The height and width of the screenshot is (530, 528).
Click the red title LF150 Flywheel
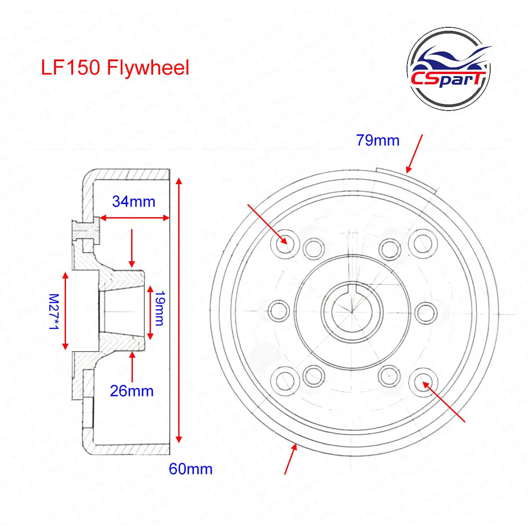tap(115, 68)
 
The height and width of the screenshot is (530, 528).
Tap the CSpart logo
tap(449, 69)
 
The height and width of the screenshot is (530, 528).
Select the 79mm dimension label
tap(378, 141)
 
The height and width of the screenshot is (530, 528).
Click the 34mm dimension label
tap(134, 201)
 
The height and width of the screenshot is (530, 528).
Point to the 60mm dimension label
tap(191, 469)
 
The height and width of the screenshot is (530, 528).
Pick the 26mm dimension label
tap(132, 391)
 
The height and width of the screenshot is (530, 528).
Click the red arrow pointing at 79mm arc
tap(414, 153)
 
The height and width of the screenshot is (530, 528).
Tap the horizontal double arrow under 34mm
tap(134, 218)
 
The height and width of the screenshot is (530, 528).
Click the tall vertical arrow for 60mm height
tap(179, 310)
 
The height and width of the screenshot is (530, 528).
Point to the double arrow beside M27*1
tap(66, 311)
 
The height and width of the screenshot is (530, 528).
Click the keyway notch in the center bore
tap(352, 289)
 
